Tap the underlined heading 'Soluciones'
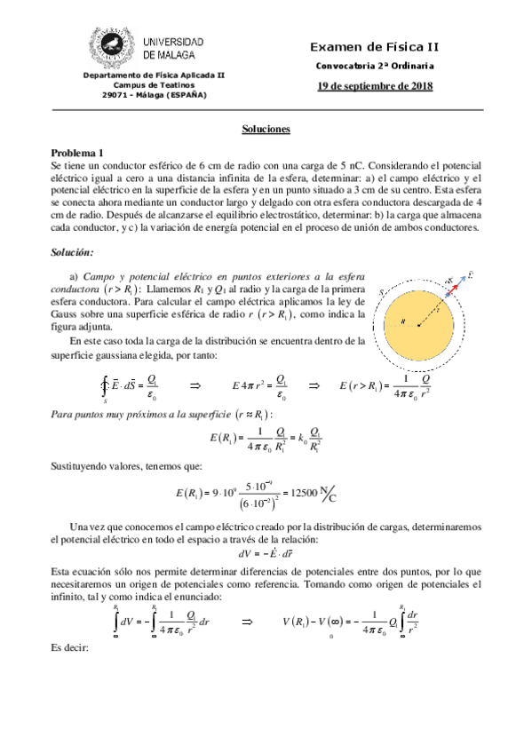point(266,130)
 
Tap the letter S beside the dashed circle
point(381,292)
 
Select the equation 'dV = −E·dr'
point(266,553)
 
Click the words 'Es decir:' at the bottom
point(70,648)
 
